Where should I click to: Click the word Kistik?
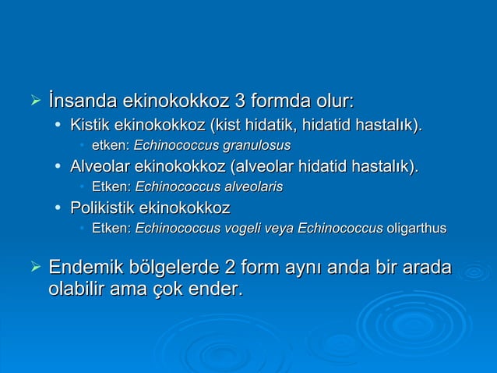coord(90,125)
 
